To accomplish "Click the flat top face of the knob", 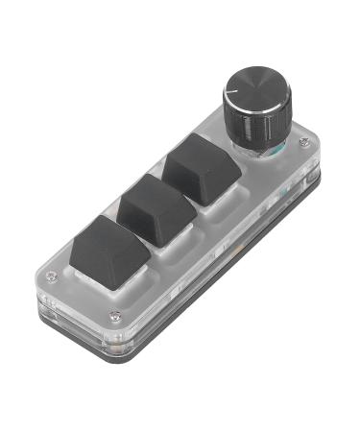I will (252, 91).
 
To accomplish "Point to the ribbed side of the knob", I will (252, 126).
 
